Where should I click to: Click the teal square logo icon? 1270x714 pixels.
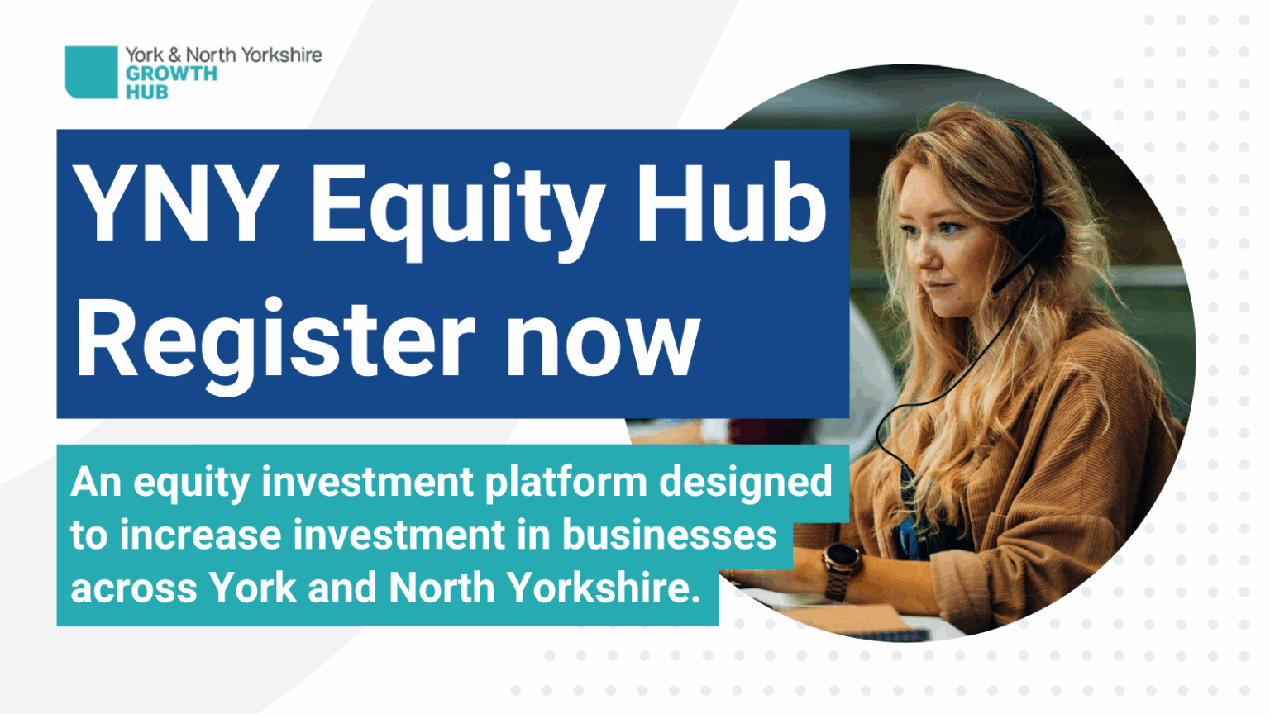[x=91, y=72]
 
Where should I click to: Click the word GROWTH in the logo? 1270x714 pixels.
[x=171, y=74]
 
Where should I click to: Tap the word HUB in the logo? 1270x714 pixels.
[x=146, y=93]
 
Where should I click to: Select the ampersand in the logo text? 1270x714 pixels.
[x=174, y=55]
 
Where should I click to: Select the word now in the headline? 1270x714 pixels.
[x=603, y=341]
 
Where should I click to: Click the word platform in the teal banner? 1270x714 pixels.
[x=566, y=481]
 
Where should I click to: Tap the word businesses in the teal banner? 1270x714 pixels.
[x=669, y=535]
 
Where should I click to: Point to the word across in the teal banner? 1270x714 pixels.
[x=134, y=588]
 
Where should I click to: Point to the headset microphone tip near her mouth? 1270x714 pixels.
[x=997, y=285]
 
